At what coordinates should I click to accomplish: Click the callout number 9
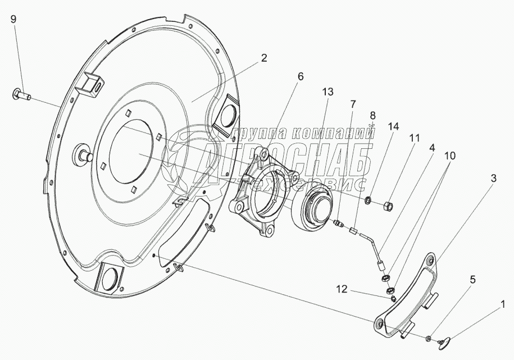13,19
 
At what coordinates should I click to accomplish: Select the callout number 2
263,58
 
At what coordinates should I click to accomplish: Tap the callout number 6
301,76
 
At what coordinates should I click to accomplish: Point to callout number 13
327,92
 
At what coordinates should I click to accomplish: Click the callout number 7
352,104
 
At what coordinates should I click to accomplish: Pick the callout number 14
393,126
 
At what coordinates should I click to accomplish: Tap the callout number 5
472,280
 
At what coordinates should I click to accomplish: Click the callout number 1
503,306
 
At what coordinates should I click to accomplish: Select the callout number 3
493,179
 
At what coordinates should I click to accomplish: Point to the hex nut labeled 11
388,206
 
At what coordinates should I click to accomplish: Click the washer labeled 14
369,199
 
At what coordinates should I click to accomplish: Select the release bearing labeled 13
313,207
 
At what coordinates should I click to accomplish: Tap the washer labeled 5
429,338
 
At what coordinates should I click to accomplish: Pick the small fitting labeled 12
393,298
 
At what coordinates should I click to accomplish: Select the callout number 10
450,156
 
